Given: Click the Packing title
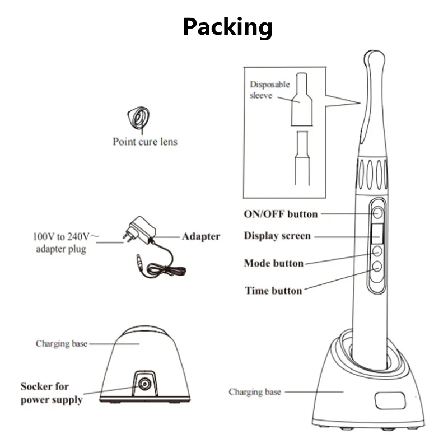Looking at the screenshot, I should pyautogui.click(x=227, y=26).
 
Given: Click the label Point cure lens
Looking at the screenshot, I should pyautogui.click(x=144, y=142).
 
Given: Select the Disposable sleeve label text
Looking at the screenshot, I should pyautogui.click(x=269, y=90).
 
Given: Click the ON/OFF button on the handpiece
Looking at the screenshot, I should pyautogui.click(x=378, y=213).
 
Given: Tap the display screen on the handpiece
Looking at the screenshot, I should pyautogui.click(x=377, y=234).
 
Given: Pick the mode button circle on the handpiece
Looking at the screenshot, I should pyautogui.click(x=377, y=251).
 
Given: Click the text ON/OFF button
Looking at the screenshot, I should pyautogui.click(x=281, y=214).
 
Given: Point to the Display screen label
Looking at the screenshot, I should pyautogui.click(x=277, y=236).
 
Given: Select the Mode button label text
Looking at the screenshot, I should pyautogui.click(x=274, y=263).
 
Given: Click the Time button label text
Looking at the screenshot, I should pyautogui.click(x=273, y=290).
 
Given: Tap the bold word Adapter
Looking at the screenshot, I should pyautogui.click(x=200, y=236).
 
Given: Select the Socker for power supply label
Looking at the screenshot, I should pyautogui.click(x=52, y=393).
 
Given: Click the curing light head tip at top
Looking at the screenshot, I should pyautogui.click(x=374, y=58).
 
